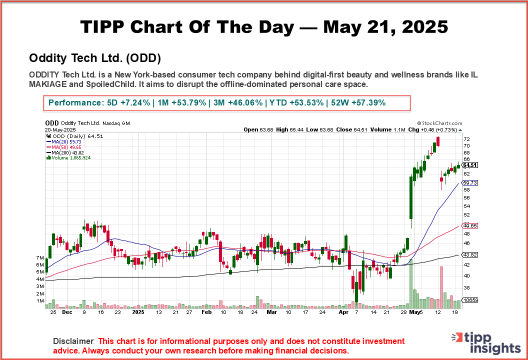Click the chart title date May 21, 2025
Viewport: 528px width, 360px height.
pos(385,27)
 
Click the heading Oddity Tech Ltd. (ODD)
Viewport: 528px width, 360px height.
pos(95,58)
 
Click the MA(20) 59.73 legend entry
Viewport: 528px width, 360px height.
pos(64,141)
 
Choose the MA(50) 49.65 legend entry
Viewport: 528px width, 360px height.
pos(64,147)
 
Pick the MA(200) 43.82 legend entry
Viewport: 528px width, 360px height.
pos(66,152)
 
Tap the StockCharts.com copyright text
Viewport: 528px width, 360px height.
pos(439,123)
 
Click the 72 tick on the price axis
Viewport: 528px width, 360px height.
pos(466,139)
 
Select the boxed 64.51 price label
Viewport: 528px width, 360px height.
pos(469,165)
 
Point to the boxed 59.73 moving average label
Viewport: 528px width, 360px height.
pos(469,183)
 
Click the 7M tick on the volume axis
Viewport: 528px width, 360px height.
pos(39,257)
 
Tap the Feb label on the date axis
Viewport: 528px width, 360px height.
pos(205,311)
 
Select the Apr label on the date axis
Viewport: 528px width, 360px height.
pos(343,311)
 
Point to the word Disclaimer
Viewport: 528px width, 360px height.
pos(73,341)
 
